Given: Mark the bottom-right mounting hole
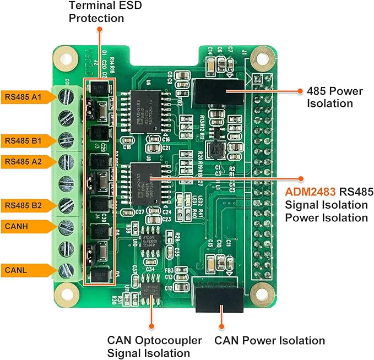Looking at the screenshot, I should (x=259, y=291).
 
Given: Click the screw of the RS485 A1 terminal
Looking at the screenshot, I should (x=66, y=97).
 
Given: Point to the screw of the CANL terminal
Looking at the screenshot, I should (x=66, y=269).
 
